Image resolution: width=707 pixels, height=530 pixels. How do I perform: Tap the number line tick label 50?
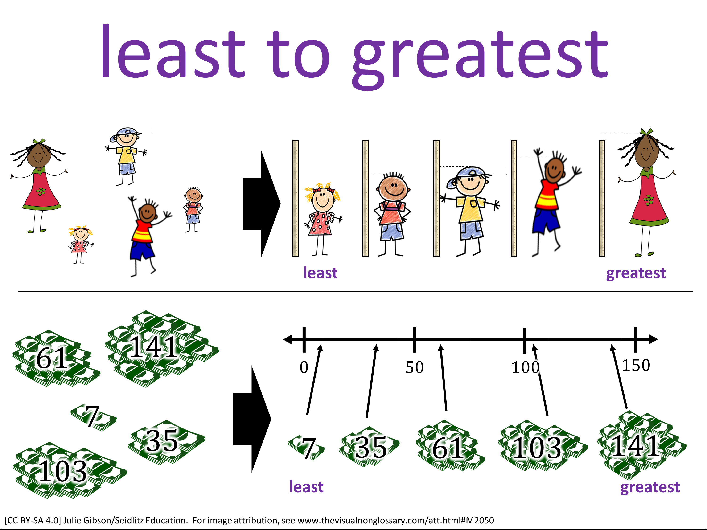415,367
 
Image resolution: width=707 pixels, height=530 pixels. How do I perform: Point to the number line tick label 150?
636,365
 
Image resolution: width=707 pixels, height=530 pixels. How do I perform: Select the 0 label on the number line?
304,367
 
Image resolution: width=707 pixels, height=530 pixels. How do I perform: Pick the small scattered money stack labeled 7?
94,417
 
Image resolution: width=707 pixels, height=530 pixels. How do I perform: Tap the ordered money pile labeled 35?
370,447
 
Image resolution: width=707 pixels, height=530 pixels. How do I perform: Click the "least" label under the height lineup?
320,273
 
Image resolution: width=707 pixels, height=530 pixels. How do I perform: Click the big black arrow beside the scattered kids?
261,204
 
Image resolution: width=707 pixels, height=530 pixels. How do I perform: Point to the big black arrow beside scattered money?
252,419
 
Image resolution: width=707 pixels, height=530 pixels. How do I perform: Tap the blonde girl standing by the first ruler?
322,219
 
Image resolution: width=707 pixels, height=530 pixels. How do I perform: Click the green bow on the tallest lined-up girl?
647,132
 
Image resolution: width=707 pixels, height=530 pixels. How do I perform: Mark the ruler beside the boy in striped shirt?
514,198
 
